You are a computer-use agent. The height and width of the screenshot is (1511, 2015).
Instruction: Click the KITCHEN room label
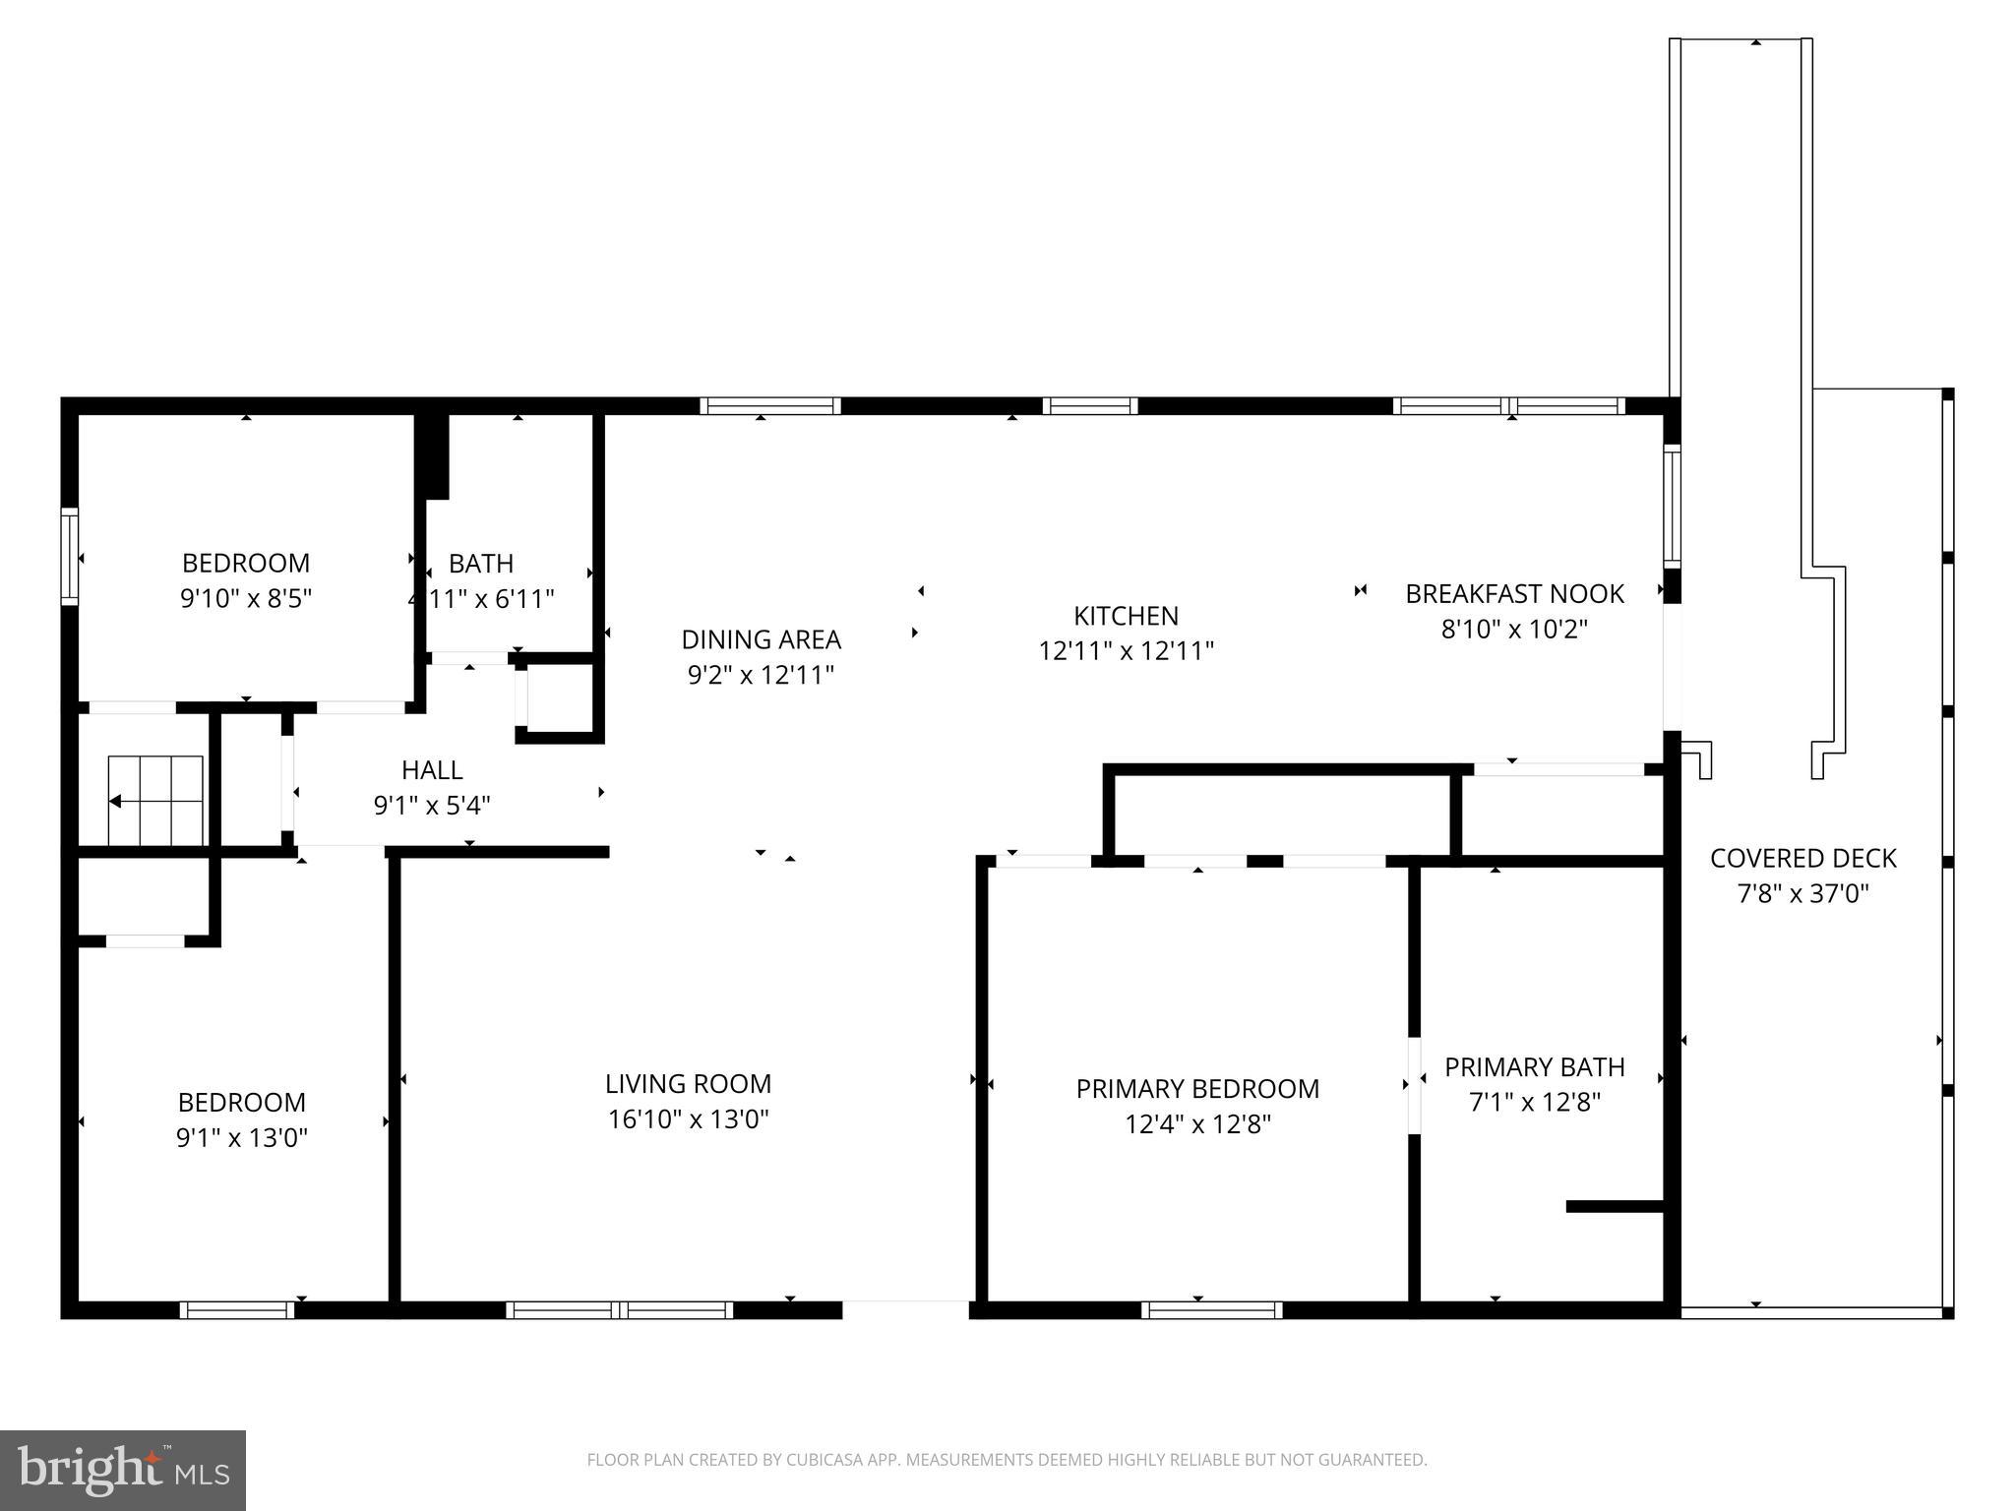[1126, 616]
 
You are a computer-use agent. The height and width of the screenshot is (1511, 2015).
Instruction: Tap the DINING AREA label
[761, 639]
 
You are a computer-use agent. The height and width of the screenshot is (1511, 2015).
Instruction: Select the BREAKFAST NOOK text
[1514, 593]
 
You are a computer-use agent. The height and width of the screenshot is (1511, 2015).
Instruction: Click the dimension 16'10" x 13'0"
[688, 1119]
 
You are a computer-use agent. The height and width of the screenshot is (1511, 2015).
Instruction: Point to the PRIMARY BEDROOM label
[1197, 1089]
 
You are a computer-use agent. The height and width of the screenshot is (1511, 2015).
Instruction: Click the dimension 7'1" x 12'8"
[1534, 1103]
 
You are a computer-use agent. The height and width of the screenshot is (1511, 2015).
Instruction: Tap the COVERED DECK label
[1802, 859]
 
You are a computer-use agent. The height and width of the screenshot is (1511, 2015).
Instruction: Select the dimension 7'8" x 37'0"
[1802, 894]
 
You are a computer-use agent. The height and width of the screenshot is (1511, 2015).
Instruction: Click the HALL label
[432, 770]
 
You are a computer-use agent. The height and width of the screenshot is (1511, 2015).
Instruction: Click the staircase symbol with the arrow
[155, 801]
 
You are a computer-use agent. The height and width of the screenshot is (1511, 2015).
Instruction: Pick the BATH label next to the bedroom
[481, 564]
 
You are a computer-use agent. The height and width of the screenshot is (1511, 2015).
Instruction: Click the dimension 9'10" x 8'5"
[246, 599]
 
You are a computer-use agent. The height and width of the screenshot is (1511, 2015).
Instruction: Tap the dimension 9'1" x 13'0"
[242, 1138]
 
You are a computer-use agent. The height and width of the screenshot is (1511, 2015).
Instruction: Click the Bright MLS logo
[123, 1470]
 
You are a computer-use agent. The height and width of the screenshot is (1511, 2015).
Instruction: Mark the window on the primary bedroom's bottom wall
[1212, 1309]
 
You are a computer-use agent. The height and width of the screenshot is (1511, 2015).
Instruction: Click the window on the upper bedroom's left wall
[70, 556]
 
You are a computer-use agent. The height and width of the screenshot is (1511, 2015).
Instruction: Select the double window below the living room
[620, 1309]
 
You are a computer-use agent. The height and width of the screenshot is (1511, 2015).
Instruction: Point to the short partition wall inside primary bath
[1615, 1206]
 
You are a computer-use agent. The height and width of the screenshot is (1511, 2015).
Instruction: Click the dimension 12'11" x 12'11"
[1126, 651]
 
